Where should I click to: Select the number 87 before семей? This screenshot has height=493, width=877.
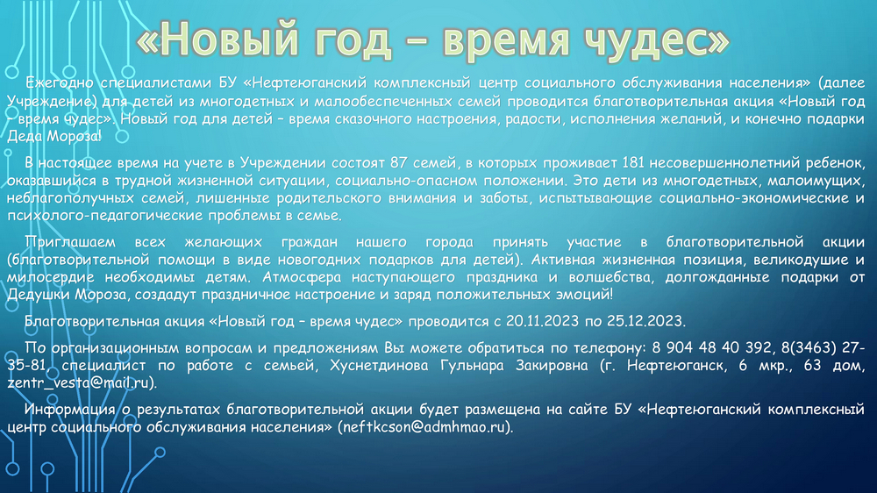399,163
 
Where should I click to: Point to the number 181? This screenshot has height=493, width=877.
633,163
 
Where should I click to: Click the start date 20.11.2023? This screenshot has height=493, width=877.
542,321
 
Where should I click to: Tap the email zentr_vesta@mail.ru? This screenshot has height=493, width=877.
79,383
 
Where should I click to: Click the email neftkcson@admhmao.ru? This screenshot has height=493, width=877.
424,427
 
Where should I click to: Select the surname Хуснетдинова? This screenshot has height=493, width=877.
379,366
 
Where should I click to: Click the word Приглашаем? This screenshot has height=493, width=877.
70,242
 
